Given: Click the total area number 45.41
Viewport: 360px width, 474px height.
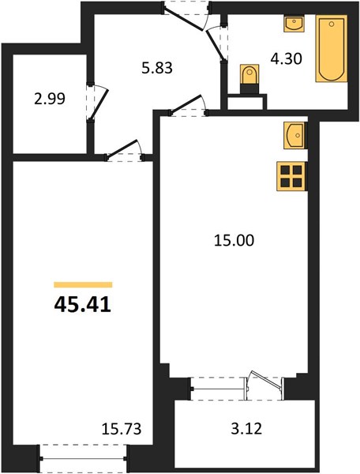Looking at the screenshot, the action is (83, 305).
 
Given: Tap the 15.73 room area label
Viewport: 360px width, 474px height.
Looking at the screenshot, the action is (122, 429).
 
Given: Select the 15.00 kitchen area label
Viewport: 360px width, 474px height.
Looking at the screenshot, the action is (234, 241).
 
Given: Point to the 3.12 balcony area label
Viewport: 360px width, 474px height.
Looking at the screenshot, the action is (246, 428).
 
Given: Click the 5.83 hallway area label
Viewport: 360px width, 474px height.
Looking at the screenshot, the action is (157, 68).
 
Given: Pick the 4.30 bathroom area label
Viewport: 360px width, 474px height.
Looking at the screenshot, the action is (286, 58).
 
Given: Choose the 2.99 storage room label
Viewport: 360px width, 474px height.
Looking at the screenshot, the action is (50, 99).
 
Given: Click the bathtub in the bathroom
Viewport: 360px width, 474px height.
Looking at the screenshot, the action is (332, 48).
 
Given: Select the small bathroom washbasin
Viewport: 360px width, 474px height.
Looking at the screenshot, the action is (294, 24).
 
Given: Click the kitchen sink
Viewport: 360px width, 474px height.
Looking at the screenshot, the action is (294, 135).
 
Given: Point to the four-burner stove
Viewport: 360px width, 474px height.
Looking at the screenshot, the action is (291, 176).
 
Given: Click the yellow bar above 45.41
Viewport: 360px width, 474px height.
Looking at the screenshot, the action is (83, 284).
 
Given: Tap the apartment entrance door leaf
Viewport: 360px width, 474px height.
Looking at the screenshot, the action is (182, 18).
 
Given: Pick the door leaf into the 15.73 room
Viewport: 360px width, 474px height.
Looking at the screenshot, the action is (122, 149).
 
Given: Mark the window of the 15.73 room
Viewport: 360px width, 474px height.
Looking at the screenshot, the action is (84, 458).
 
